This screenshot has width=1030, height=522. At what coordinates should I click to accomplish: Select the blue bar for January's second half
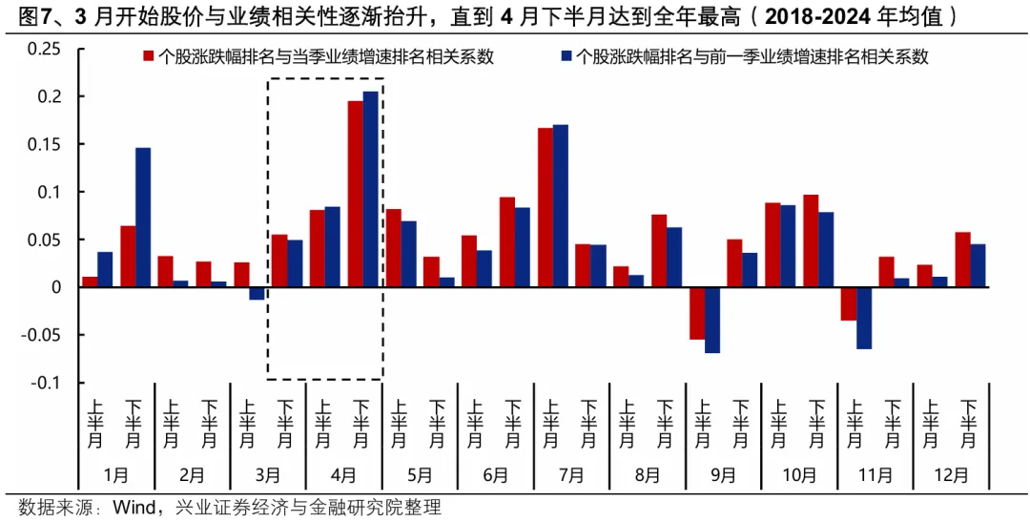point(143,218)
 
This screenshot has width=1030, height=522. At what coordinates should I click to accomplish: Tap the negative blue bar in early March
point(257,294)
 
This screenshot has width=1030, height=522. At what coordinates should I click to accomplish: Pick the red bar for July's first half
point(546,207)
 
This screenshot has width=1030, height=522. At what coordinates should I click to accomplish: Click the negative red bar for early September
point(697,313)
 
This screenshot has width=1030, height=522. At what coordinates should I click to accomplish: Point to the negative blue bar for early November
point(864,318)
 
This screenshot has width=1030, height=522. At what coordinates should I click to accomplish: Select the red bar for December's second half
point(963,260)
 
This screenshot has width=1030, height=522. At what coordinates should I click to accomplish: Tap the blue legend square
point(566,57)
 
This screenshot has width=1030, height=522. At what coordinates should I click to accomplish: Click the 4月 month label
point(343,474)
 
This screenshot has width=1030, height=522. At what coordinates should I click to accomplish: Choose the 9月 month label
point(723,474)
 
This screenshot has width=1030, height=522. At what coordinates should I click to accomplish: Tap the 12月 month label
point(951,474)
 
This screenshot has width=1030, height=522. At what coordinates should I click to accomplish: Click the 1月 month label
point(115,474)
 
